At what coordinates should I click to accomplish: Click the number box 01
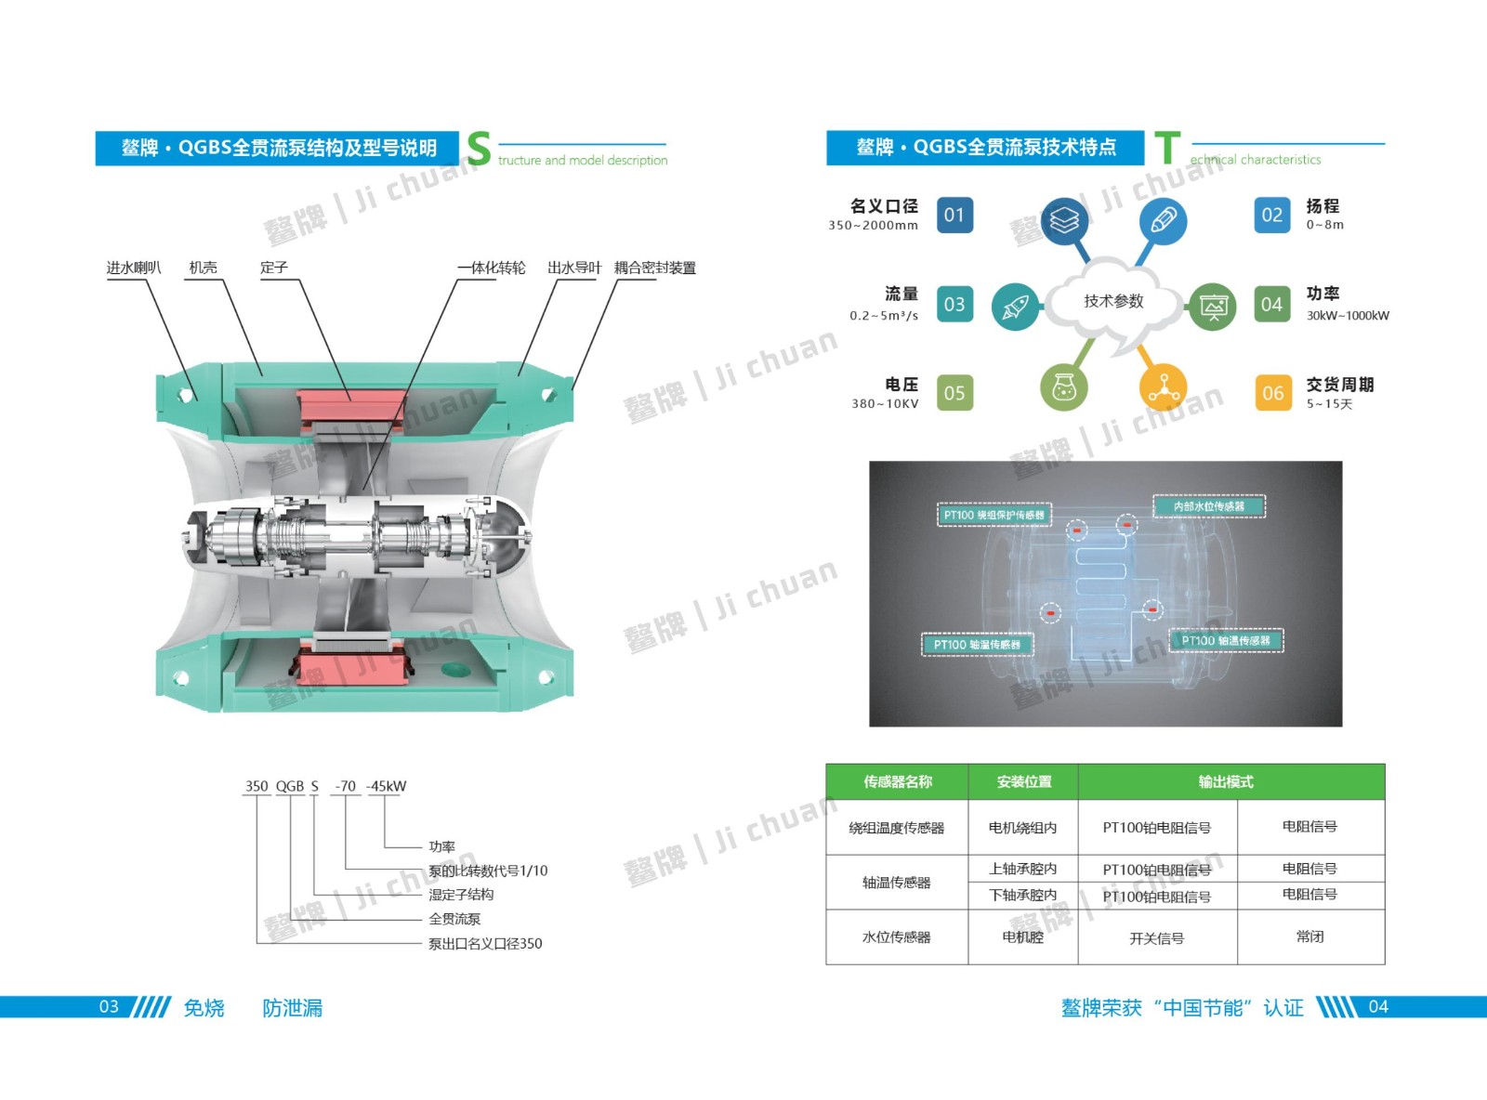pos(954,216)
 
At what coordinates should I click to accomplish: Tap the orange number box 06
pos(1272,393)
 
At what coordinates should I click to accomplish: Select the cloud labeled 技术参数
pos(1113,301)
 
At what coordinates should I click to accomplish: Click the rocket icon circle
pos(1015,307)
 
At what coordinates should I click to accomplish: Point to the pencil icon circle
pos(1163,221)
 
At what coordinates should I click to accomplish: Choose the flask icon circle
pos(1064,386)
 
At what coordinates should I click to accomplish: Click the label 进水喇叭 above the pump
pos(134,268)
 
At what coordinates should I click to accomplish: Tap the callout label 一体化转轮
pos(491,268)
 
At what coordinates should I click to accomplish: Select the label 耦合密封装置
pos(654,268)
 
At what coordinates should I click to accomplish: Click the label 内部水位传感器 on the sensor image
pos(1208,506)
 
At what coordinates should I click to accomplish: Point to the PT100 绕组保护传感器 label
pos(994,515)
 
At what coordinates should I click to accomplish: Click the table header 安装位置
pos(1023,782)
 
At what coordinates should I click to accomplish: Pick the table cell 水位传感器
pos(896,937)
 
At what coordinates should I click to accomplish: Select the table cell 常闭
pos(1309,936)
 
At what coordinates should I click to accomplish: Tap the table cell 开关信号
pos(1156,938)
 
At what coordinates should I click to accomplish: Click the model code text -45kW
pos(386,786)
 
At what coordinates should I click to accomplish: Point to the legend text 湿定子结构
pos(461,895)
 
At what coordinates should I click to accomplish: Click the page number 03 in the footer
pos(109,1007)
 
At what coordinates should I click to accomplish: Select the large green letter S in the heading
pos(479,149)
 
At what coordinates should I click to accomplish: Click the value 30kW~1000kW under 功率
pos(1348,316)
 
